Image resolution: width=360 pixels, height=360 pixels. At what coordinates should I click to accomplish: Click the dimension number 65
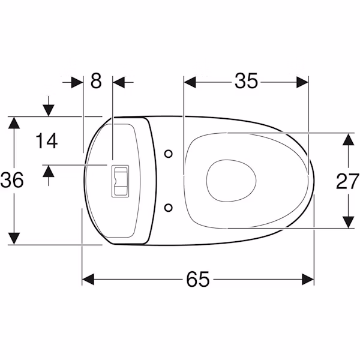198,279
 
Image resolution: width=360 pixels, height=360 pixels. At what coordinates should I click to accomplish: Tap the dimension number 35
247,81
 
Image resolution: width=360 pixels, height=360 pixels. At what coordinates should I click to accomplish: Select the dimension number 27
347,181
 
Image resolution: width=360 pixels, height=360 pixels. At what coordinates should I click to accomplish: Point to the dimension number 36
12,180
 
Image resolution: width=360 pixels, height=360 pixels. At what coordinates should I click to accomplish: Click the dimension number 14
46,141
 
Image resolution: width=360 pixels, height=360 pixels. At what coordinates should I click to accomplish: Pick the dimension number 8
96,81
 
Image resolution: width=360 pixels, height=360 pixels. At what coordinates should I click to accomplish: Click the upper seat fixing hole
169,154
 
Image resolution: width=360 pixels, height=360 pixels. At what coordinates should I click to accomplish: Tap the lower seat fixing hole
169,208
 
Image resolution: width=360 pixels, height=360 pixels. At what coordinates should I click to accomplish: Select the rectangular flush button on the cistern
120,181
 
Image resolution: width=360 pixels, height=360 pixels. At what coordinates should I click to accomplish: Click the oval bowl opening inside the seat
231,181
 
